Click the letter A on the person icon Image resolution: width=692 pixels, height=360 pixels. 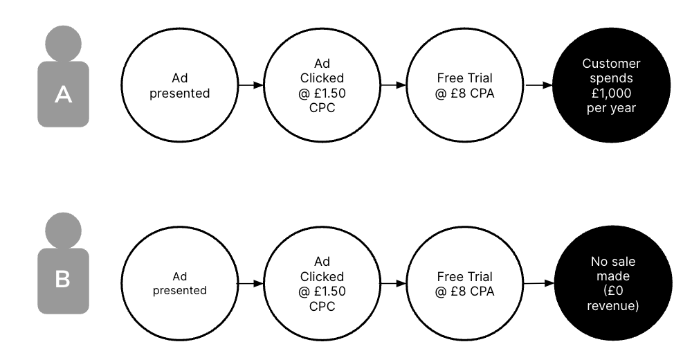[x=63, y=95]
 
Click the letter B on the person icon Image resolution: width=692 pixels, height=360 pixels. [x=63, y=279]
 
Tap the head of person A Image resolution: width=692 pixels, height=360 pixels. [x=64, y=44]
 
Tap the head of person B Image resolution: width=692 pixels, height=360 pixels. [x=64, y=231]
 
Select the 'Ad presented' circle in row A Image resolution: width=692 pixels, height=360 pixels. [x=180, y=85]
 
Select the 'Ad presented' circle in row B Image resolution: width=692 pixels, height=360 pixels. [x=180, y=283]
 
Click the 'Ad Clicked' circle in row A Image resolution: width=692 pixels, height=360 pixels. [x=322, y=85]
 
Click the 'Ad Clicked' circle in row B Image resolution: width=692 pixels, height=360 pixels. [x=322, y=283]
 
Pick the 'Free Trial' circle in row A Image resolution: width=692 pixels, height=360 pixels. [x=465, y=85]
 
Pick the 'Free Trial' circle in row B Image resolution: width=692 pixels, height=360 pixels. [x=465, y=283]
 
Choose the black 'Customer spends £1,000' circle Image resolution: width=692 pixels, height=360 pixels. [x=611, y=85]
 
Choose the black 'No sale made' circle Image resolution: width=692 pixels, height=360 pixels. [x=613, y=283]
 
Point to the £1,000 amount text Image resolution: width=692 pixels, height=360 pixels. [x=611, y=93]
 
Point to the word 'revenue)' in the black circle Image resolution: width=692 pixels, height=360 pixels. [x=613, y=306]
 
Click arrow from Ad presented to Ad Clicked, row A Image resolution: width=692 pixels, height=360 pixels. [x=251, y=85]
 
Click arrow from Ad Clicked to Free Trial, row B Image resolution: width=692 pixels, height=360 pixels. [x=394, y=283]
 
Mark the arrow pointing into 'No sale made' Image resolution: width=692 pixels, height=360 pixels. [x=539, y=283]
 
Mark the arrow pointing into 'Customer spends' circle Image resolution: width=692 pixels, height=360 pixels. [x=539, y=85]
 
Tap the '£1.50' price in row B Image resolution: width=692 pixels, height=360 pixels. [x=329, y=291]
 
